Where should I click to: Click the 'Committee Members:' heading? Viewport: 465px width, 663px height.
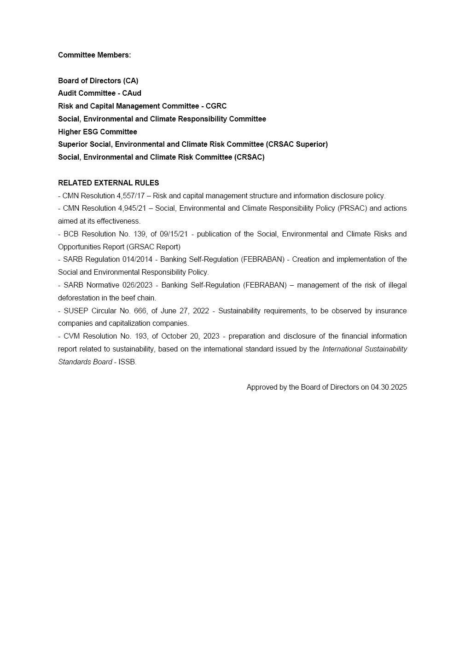point(94,55)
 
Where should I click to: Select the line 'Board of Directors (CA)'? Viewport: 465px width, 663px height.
point(98,81)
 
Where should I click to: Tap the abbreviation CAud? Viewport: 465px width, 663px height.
point(132,93)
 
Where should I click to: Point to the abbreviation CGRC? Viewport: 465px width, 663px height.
point(216,106)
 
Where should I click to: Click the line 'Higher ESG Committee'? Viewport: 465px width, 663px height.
point(98,132)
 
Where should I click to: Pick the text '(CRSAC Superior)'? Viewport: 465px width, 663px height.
point(297,144)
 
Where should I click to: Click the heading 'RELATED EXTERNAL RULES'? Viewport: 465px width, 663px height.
point(109,183)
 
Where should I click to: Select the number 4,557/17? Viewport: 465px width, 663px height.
point(131,196)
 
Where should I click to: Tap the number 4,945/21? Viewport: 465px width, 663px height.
point(132,208)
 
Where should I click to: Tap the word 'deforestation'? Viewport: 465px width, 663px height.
point(78,298)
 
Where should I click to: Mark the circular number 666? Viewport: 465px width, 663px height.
point(140,311)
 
